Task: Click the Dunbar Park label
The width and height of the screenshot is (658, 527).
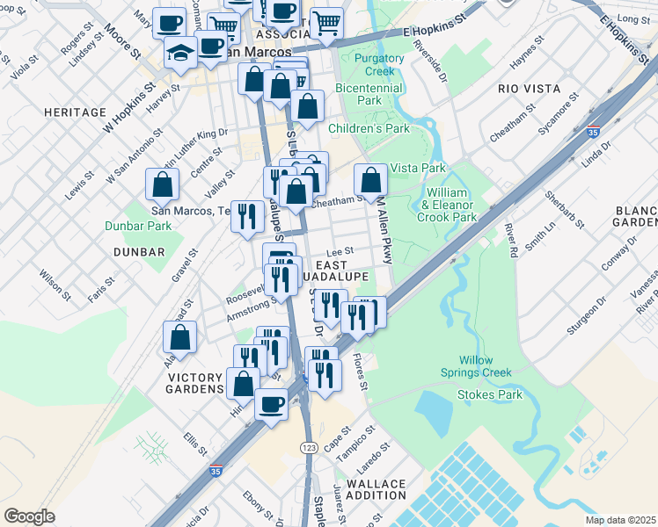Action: coord(146,225)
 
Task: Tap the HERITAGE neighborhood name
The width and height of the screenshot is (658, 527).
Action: coord(79,113)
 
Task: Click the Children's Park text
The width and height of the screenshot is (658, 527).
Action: coord(369,128)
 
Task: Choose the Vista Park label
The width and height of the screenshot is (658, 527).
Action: coord(418,168)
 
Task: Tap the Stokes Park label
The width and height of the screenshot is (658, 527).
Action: coord(490,394)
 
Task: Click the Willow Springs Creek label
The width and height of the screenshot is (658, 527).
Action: coord(476,366)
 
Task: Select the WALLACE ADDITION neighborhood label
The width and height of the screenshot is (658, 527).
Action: coord(376,489)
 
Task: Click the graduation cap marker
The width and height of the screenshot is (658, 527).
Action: coord(180,53)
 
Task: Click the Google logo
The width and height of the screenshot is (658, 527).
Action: coord(29,516)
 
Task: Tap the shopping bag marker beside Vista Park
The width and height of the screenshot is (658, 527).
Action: coord(371,180)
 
